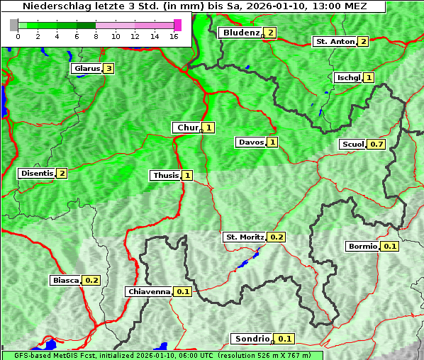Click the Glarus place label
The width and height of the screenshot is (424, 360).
pyautogui.click(x=86, y=69)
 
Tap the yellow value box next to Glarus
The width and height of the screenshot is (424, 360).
pyautogui.click(x=108, y=69)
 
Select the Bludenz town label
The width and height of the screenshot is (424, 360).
pyautogui.click(x=240, y=33)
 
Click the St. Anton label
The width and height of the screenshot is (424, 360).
pyautogui.click(x=335, y=41)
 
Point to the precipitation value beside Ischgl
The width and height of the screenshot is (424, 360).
pyautogui.click(x=369, y=77)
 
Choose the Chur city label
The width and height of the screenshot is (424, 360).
pyautogui.click(x=188, y=128)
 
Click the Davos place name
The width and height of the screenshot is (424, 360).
pyautogui.click(x=251, y=142)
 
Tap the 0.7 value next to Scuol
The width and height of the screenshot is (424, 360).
pyautogui.click(x=376, y=144)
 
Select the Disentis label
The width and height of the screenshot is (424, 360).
pyautogui.click(x=36, y=173)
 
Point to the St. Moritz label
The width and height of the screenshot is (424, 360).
pyautogui.click(x=245, y=237)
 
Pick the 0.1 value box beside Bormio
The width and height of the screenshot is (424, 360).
pyautogui.click(x=390, y=247)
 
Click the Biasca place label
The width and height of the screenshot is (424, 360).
pyautogui.click(x=66, y=280)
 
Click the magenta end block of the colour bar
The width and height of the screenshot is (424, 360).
pyautogui.click(x=177, y=25)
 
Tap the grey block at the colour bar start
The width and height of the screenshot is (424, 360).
pyautogui.click(x=13, y=25)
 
